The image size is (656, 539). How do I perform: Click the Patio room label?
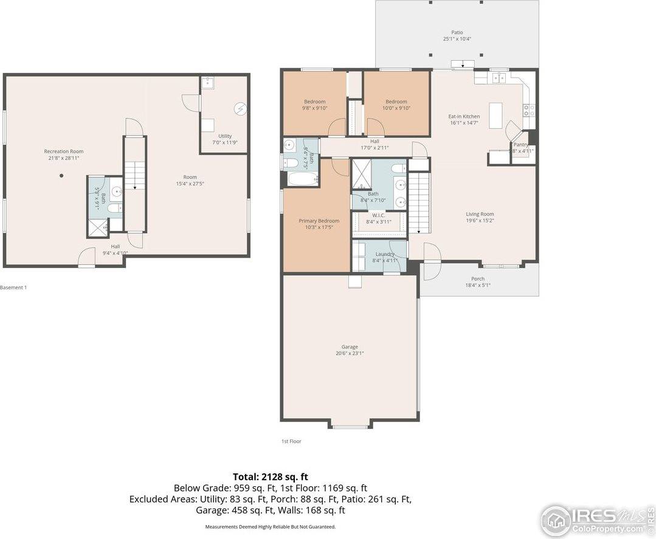click(457, 32)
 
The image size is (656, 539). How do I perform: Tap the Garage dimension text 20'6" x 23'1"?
click(350, 353)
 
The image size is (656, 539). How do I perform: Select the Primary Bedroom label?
click(319, 221)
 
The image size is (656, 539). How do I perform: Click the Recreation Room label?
click(63, 151)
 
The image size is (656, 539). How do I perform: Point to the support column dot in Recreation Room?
click(61, 176)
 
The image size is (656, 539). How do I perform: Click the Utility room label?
click(224, 136)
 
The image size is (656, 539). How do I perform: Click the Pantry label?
click(520, 145)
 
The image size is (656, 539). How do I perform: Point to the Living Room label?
click(480, 214)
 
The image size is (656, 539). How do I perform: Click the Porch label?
click(478, 279)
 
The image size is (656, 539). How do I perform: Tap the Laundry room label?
click(384, 254)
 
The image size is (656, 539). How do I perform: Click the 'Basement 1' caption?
click(13, 287)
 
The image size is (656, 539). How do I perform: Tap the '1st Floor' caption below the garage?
click(291, 441)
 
